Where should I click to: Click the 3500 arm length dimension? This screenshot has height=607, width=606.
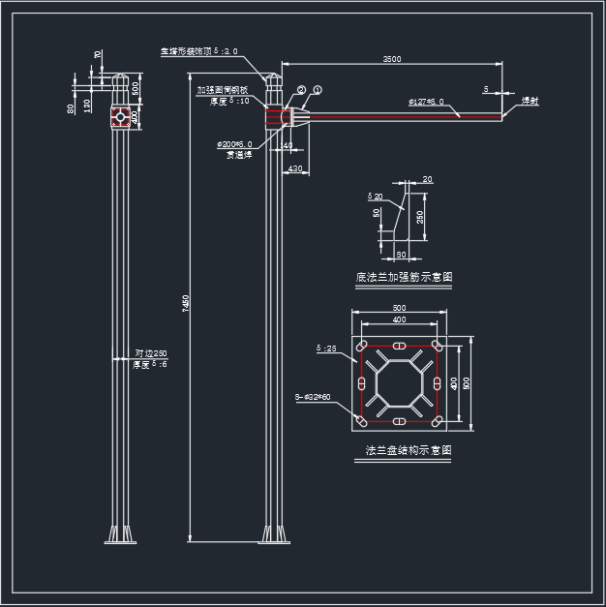pyautogui.click(x=391, y=59)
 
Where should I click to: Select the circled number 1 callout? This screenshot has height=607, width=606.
pyautogui.click(x=318, y=89)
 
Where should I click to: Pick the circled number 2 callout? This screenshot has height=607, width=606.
pyautogui.click(x=302, y=90)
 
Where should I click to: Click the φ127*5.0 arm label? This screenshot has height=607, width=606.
pyautogui.click(x=426, y=101)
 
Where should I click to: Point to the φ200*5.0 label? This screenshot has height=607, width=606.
pyautogui.click(x=235, y=144)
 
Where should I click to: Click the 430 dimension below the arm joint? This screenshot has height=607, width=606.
pyautogui.click(x=295, y=169)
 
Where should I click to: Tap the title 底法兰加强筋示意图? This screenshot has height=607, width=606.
pyautogui.click(x=404, y=278)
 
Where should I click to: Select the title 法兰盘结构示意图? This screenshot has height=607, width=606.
pyautogui.click(x=409, y=451)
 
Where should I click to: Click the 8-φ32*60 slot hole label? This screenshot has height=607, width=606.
pyautogui.click(x=313, y=397)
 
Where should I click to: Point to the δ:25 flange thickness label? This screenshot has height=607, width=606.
pyautogui.click(x=326, y=347)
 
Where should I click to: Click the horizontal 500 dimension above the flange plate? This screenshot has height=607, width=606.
pyautogui.click(x=399, y=308)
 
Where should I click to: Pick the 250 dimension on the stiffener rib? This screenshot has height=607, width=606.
pyautogui.click(x=419, y=218)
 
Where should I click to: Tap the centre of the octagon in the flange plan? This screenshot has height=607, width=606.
pyautogui.click(x=399, y=384)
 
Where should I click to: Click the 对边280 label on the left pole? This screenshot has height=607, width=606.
pyautogui.click(x=151, y=353)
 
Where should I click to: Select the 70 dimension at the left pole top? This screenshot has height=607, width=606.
pyautogui.click(x=98, y=54)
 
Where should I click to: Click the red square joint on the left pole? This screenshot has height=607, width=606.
pyautogui.click(x=121, y=117)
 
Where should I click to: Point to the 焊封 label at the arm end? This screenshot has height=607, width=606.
pyautogui.click(x=530, y=101)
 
